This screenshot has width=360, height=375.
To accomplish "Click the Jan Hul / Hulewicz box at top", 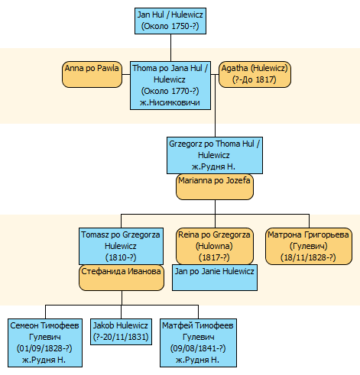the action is pos(170,21).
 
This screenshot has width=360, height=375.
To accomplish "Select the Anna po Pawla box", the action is pos(92,74).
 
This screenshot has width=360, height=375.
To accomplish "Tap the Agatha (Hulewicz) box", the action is pos(255,74).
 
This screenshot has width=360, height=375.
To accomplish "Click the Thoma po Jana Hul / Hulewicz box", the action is pos(170,86).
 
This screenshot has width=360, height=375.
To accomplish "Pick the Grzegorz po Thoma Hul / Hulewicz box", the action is pos(215,155).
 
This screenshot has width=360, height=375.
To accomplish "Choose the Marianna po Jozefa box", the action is pos(215,187).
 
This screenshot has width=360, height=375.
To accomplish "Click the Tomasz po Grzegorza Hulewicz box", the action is pos(121,246).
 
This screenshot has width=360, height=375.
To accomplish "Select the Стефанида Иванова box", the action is pos(122,278).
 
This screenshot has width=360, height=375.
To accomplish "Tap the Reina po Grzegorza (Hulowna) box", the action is pos(215,246).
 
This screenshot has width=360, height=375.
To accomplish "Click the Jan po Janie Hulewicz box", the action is pos(215,277).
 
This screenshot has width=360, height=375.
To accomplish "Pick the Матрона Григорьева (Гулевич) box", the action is pos(309,246).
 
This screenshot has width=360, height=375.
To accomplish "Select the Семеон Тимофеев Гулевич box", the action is pos(45,343).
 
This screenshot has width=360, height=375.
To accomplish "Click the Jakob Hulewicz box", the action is pos(121,331).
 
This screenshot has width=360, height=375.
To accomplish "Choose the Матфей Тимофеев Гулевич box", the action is pos(198,343).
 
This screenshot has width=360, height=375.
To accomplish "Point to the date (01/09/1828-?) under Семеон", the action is pos(44,348).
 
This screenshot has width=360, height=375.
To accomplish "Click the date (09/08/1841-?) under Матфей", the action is pos(198,348).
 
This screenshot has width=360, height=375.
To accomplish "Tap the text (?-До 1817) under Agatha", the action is pos(255,79).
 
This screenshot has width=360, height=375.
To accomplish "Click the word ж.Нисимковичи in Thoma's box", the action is pos(170,102).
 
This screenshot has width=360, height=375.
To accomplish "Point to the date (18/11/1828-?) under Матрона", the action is pos(308,257).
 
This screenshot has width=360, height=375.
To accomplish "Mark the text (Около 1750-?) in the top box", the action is pos(170,26).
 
